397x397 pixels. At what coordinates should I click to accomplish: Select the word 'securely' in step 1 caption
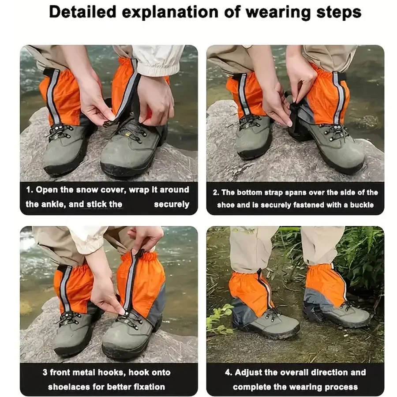[171, 204]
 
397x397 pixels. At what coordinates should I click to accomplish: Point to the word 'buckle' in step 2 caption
[362, 205]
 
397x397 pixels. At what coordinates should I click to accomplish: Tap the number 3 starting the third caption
[45, 372]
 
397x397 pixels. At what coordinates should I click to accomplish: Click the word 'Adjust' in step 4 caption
[250, 372]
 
